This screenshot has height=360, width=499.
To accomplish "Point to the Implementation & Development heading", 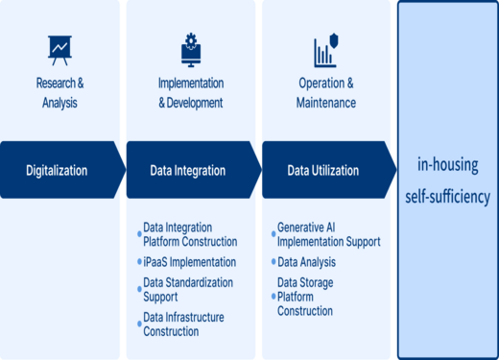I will (190, 92).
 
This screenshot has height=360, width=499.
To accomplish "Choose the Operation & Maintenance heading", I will (326, 92).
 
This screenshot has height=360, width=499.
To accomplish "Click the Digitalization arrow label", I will (57, 171).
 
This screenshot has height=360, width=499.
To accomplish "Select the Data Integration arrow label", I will (188, 171).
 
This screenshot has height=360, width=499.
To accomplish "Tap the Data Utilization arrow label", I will (323, 171).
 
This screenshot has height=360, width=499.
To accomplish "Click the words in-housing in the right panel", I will (447, 163).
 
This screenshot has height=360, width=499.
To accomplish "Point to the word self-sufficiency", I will (447, 197).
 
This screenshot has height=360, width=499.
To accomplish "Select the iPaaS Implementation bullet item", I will (189, 262).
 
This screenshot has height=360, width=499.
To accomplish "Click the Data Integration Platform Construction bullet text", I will (190, 234).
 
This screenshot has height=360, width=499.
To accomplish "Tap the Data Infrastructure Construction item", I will (184, 324).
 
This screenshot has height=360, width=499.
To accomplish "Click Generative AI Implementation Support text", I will (328, 234).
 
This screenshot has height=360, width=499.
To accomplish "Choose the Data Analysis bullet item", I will (306, 261).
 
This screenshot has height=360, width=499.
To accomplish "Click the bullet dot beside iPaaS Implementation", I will (138, 263).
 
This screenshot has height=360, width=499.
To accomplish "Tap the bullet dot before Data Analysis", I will (273, 262).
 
